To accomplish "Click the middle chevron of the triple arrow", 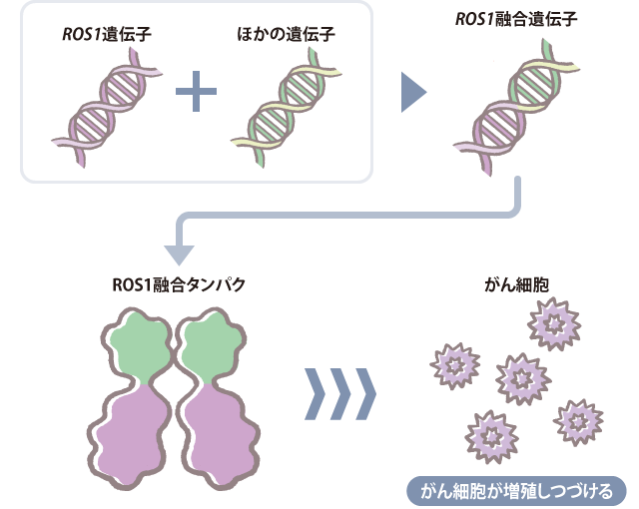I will click(340, 394).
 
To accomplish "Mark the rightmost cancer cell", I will click(580, 420).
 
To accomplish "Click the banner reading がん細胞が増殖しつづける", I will click(515, 491).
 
